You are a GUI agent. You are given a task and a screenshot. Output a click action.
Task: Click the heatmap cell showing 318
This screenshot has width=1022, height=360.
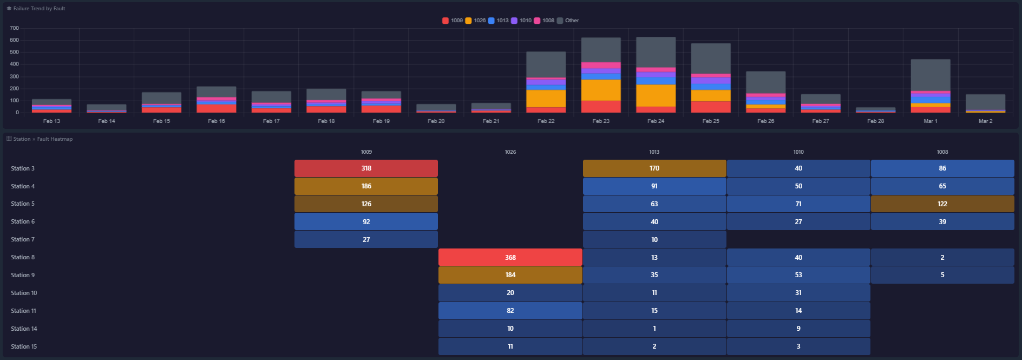[366, 168]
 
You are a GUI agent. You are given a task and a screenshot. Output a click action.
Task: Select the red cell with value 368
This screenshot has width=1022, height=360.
[510, 257]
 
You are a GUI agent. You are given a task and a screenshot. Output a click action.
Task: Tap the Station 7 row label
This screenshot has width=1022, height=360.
[23, 239]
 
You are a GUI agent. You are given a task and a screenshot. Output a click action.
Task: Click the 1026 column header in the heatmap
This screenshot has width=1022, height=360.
[510, 152]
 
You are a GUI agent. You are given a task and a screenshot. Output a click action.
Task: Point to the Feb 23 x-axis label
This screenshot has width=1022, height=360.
[601, 121]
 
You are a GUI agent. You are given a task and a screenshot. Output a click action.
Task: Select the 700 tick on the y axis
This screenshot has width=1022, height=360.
[14, 28]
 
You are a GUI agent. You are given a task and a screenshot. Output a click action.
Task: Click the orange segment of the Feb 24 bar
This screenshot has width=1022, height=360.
[656, 95]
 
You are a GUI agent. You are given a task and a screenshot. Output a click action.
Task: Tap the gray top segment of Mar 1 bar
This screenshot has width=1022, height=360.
[930, 75]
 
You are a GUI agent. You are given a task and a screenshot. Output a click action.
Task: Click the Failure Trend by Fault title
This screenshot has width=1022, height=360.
[39, 9]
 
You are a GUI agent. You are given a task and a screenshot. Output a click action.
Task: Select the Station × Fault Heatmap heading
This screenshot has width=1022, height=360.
[43, 139]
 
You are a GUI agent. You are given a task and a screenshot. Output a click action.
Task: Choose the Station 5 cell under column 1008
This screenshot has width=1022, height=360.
[942, 204]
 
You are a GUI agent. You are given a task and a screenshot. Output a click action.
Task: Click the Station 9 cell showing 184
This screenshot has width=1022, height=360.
[510, 275]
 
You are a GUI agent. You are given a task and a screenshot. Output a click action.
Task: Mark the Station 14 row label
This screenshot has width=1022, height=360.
[24, 329]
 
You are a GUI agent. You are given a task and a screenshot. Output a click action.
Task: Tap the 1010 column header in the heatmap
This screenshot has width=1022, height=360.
[798, 152]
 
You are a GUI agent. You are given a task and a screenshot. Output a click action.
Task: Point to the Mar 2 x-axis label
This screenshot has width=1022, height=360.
[985, 121]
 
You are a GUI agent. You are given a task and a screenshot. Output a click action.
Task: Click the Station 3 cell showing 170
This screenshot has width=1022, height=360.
[654, 168]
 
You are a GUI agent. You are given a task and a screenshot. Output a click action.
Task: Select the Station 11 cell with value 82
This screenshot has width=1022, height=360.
[510, 311]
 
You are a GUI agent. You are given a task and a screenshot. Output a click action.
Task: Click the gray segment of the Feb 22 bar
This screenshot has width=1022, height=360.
[546, 64]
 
